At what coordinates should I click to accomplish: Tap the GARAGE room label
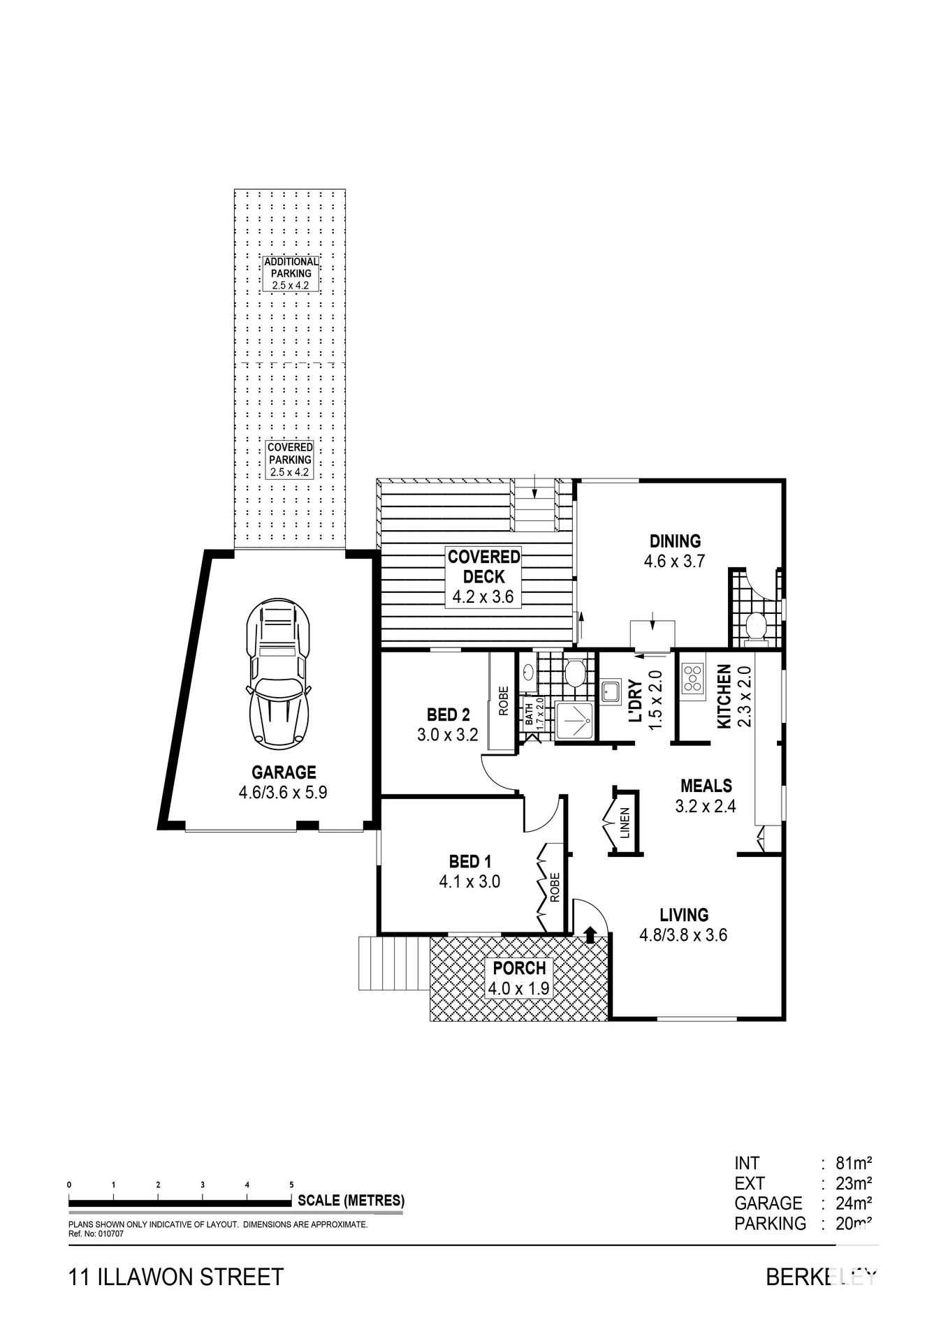pyautogui.click(x=284, y=772)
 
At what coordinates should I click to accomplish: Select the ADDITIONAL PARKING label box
pyautogui.click(x=291, y=273)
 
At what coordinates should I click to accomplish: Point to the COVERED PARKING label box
pyautogui.click(x=290, y=459)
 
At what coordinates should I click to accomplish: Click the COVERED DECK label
pyautogui.click(x=483, y=567)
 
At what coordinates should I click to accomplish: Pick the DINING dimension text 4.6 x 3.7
pyautogui.click(x=674, y=561)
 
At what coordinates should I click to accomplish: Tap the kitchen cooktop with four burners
pyautogui.click(x=692, y=677)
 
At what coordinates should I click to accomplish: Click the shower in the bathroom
pyautogui.click(x=574, y=719)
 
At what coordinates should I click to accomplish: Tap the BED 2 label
pyautogui.click(x=448, y=715)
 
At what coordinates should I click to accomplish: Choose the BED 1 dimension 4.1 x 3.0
pyautogui.click(x=469, y=882)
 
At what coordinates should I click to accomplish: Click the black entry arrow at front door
pyautogui.click(x=590, y=934)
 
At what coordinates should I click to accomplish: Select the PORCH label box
pyautogui.click(x=519, y=978)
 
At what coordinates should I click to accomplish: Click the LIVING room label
pyautogui.click(x=684, y=915)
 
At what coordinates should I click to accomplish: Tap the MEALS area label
pyautogui.click(x=706, y=786)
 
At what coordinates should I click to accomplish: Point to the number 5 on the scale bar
pyautogui.click(x=291, y=1185)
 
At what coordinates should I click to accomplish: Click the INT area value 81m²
pyautogui.click(x=854, y=1164)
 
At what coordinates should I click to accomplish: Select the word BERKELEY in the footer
pyautogui.click(x=820, y=1277)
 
